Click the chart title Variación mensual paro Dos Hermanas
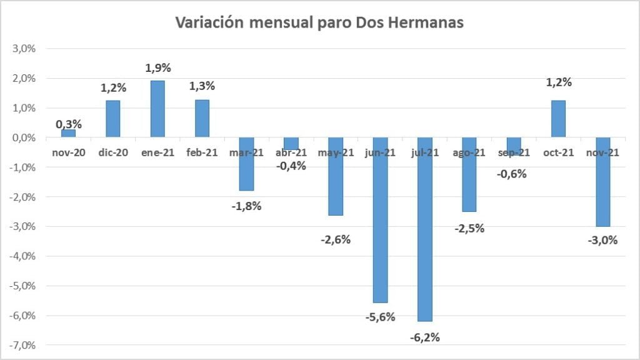pyautogui.click(x=319, y=23)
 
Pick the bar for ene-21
pyautogui.click(x=157, y=109)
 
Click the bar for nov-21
pyautogui.click(x=603, y=182)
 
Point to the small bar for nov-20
pyautogui.click(x=68, y=133)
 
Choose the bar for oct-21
pyautogui.click(x=558, y=119)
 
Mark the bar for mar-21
pyautogui.click(x=246, y=164)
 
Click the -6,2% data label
pyautogui.click(x=425, y=337)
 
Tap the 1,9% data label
pyautogui.click(x=157, y=67)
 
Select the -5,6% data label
pyautogui.click(x=380, y=317)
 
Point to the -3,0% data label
pyautogui.click(x=602, y=240)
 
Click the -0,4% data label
pyautogui.click(x=291, y=166)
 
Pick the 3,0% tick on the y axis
pyautogui.click(x=23, y=49)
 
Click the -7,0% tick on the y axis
pyautogui.click(x=22, y=345)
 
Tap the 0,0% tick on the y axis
pyautogui.click(x=23, y=137)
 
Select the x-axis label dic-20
pyautogui.click(x=113, y=152)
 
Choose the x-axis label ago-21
pyautogui.click(x=469, y=152)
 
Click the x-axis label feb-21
pyautogui.click(x=202, y=152)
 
